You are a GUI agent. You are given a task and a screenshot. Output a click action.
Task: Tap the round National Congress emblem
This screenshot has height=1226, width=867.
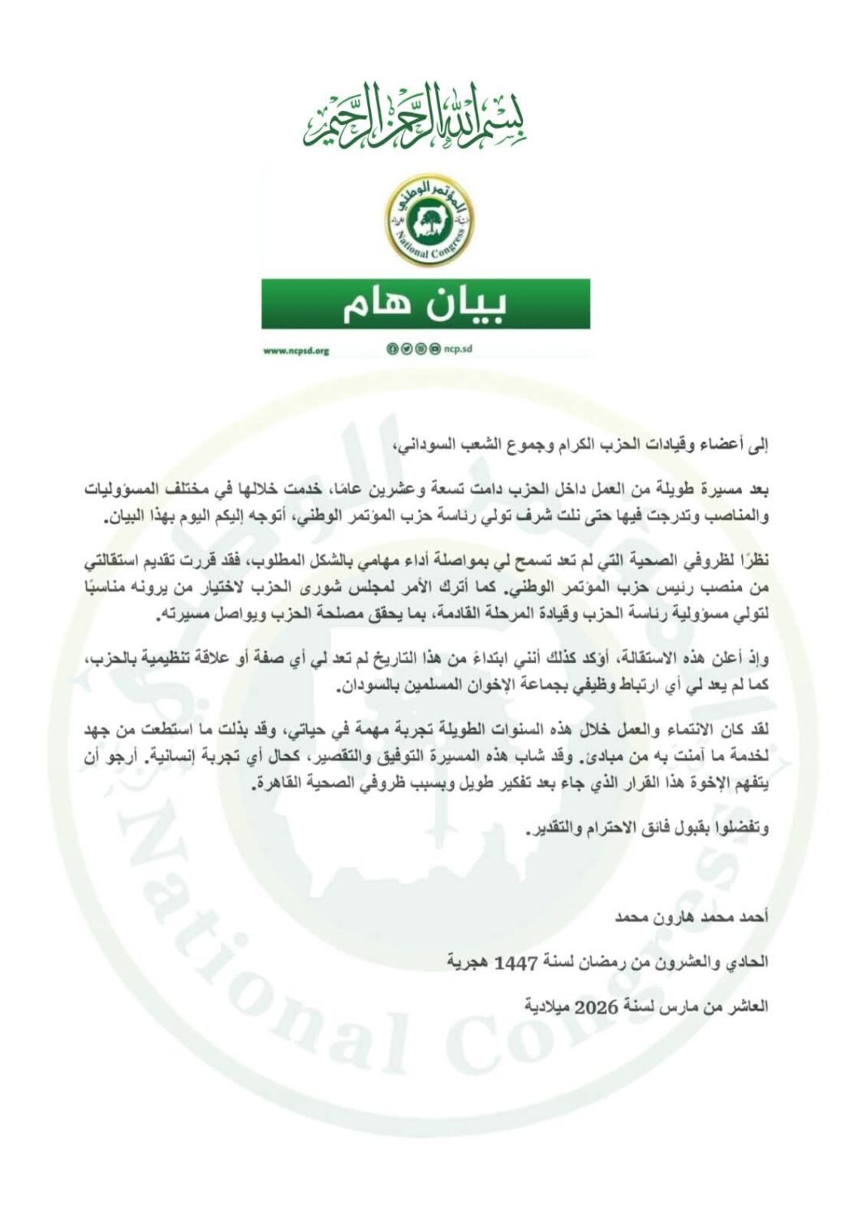(429, 219)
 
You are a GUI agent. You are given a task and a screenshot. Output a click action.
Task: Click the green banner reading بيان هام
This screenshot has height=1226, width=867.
(425, 304)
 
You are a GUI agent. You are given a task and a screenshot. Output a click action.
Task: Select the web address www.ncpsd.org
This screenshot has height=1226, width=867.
(295, 351)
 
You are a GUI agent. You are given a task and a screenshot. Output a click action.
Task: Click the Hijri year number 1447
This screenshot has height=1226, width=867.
(516, 962)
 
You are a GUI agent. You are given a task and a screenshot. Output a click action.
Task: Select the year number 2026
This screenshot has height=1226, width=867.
(597, 1007)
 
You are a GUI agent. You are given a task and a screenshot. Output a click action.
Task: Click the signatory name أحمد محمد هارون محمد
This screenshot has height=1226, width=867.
(691, 918)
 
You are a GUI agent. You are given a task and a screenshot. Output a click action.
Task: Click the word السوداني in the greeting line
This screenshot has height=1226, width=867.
(422, 445)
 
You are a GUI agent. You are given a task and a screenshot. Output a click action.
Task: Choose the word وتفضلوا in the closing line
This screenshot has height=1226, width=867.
(744, 828)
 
